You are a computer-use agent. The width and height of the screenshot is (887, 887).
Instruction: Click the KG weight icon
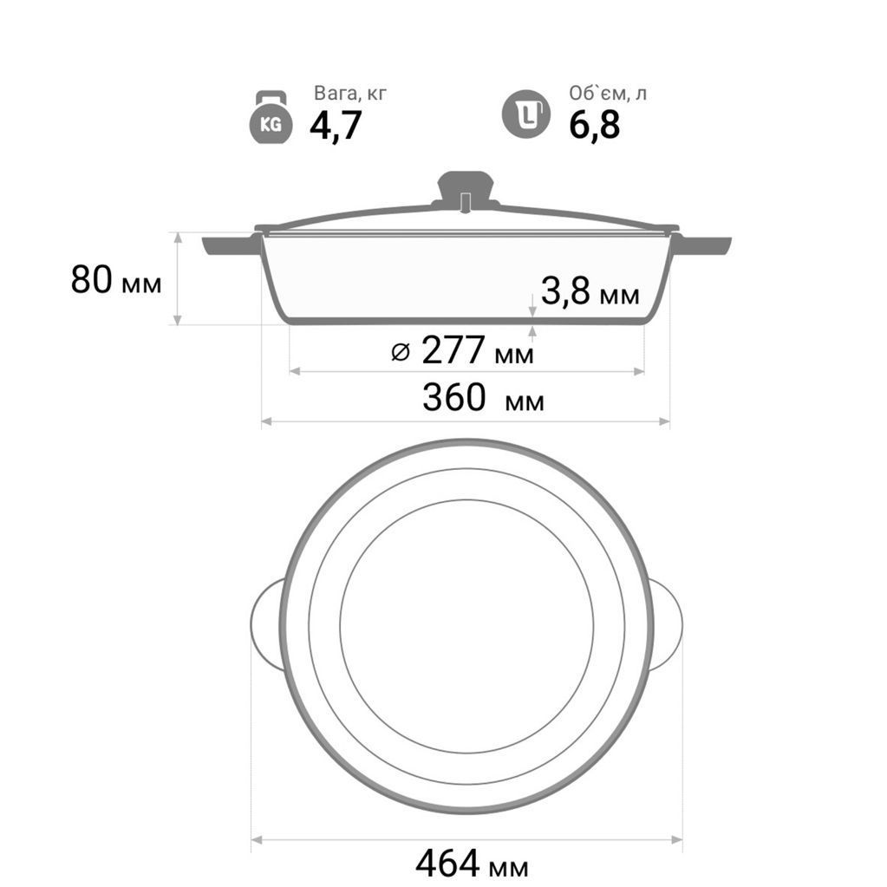(x=271, y=117)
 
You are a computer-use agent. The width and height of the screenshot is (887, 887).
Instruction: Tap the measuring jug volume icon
(x=526, y=114)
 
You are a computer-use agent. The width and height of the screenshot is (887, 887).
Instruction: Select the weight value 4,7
(x=336, y=126)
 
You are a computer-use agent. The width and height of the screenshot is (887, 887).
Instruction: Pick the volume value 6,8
(x=595, y=125)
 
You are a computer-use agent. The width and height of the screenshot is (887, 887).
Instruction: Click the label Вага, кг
(x=350, y=94)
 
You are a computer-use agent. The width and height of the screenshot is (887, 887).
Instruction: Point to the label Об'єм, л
(x=607, y=94)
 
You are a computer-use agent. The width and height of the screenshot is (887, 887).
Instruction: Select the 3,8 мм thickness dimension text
(x=590, y=291)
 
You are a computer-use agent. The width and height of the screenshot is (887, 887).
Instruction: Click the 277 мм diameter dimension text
(x=478, y=351)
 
